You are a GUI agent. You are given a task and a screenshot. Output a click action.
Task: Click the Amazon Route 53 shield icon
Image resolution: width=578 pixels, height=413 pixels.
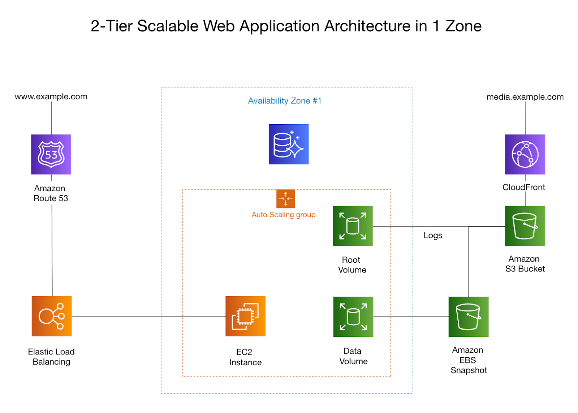pyautogui.click(x=51, y=154)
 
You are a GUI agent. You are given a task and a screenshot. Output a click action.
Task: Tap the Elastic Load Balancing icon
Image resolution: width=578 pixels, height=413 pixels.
pyautogui.click(x=52, y=316)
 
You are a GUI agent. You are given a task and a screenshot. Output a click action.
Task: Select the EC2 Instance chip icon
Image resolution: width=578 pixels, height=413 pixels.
pyautogui.click(x=245, y=316)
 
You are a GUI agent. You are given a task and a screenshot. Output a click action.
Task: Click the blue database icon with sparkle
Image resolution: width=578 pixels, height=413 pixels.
pyautogui.click(x=289, y=144)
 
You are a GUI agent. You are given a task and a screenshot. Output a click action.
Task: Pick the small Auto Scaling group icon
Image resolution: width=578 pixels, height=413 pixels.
pyautogui.click(x=285, y=199)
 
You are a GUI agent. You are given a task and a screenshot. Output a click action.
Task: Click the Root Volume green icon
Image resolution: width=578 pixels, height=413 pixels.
pyautogui.click(x=353, y=226)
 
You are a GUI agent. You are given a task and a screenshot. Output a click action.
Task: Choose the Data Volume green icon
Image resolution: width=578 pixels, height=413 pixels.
pyautogui.click(x=353, y=317)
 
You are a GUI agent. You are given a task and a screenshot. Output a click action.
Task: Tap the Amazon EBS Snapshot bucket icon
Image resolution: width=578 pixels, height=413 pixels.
pyautogui.click(x=469, y=317)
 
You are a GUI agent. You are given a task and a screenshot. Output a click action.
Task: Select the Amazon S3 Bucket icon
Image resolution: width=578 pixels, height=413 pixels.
pyautogui.click(x=525, y=226)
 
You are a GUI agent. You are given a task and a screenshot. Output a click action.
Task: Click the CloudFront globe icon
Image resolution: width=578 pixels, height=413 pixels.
pyautogui.click(x=525, y=154)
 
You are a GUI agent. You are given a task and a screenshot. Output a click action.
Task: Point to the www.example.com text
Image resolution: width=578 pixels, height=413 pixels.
pyautogui.click(x=51, y=96)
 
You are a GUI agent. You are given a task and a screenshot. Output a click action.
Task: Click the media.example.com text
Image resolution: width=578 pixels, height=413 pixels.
pyautogui.click(x=525, y=97)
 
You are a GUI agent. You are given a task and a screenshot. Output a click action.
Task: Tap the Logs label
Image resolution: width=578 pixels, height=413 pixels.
pyautogui.click(x=433, y=235)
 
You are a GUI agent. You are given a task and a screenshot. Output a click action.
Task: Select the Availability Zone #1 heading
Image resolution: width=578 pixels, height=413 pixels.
pyautogui.click(x=285, y=101)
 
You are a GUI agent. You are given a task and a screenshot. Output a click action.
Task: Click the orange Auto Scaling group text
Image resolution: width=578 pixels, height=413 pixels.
pyautogui.click(x=284, y=215)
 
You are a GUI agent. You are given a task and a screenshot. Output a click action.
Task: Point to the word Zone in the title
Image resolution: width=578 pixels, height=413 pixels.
pyautogui.click(x=463, y=26)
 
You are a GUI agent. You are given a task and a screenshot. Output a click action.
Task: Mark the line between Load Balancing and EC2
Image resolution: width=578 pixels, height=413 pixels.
pyautogui.click(x=148, y=317)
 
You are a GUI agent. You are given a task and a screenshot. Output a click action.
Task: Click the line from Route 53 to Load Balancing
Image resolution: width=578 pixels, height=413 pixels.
pyautogui.click(x=52, y=249)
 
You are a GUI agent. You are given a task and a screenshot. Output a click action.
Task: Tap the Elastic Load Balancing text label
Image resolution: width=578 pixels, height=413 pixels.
pyautogui.click(x=51, y=357)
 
